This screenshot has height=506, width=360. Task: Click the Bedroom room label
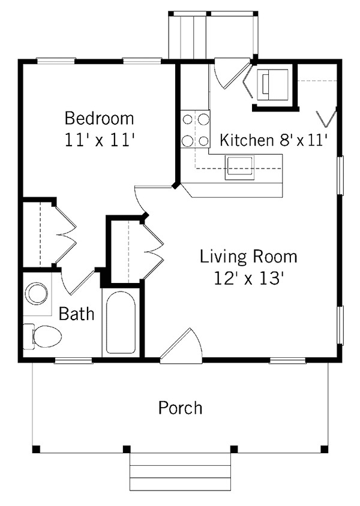point(99,118)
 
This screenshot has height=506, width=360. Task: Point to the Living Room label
point(248,257)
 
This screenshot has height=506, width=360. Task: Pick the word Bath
point(76,313)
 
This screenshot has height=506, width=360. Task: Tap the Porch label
point(180,408)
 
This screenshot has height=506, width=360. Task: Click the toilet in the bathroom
point(43,336)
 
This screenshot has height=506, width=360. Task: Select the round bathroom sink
point(37,294)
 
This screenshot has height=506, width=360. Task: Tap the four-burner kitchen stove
point(196,129)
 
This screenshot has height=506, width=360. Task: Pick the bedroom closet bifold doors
point(67,234)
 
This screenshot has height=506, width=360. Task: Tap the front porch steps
point(180,471)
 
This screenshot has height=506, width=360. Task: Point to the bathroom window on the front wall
point(74,360)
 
